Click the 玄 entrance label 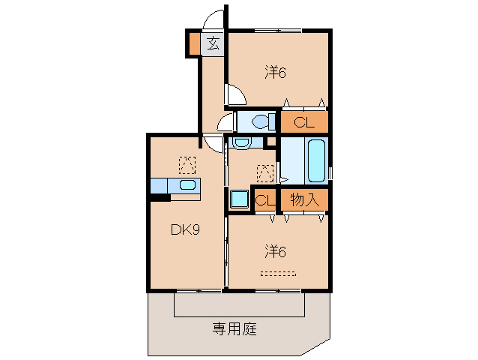(213, 43)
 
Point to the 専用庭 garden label (234, 328)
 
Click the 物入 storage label (304, 200)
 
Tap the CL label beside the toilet (303, 122)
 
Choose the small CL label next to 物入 (263, 200)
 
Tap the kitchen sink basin (187, 185)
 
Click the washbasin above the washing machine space (241, 142)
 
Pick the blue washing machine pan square (240, 199)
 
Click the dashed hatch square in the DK (187, 163)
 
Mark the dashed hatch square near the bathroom (264, 172)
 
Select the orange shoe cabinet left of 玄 (194, 43)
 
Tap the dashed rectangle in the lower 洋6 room (277, 273)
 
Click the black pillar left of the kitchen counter (160, 197)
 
